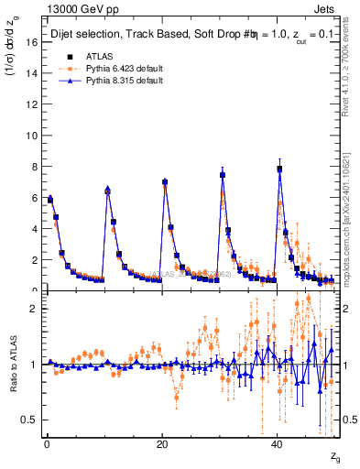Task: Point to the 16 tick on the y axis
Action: point(33,42)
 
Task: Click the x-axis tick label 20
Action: point(162,444)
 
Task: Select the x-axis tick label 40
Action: point(278,444)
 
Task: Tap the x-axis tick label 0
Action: point(47,444)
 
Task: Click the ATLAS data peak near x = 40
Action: point(279,169)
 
